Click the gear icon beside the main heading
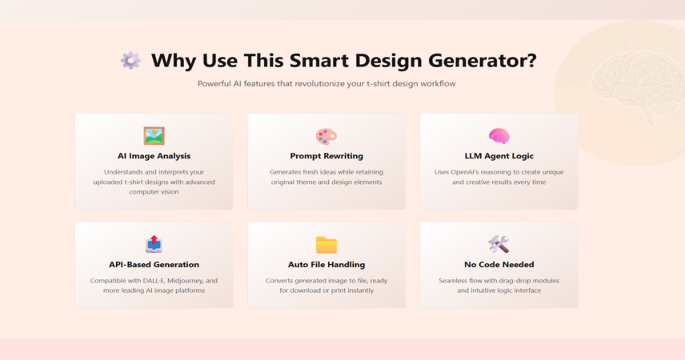pos(131,60)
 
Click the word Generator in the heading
pos(483,60)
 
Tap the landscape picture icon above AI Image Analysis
pos(154,136)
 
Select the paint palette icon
pos(326,136)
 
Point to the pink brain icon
pos(499,136)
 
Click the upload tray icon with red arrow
pos(154,244)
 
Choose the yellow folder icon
pos(326,245)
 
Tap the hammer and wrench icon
pos(499,244)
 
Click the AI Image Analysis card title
pos(154,156)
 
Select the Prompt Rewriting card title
pos(326,156)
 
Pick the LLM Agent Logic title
pos(499,156)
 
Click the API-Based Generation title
pos(154,264)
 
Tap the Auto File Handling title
pos(326,264)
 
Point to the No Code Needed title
pos(499,264)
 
